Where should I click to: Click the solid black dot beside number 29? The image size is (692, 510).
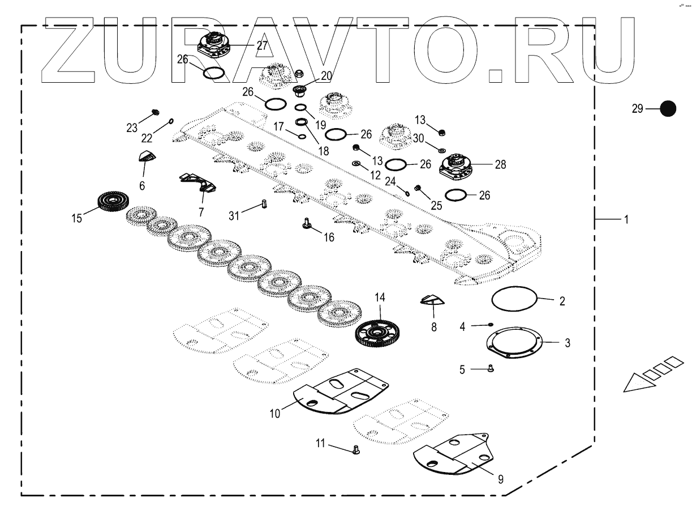pos(668,109)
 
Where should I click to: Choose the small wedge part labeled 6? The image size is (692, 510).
pos(147,158)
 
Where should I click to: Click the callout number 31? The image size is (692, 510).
pos(234,215)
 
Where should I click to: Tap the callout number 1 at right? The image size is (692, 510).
pos(626,219)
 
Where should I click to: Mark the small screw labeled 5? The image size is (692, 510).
pos(491,368)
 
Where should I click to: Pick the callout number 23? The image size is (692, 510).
pos(132,128)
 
